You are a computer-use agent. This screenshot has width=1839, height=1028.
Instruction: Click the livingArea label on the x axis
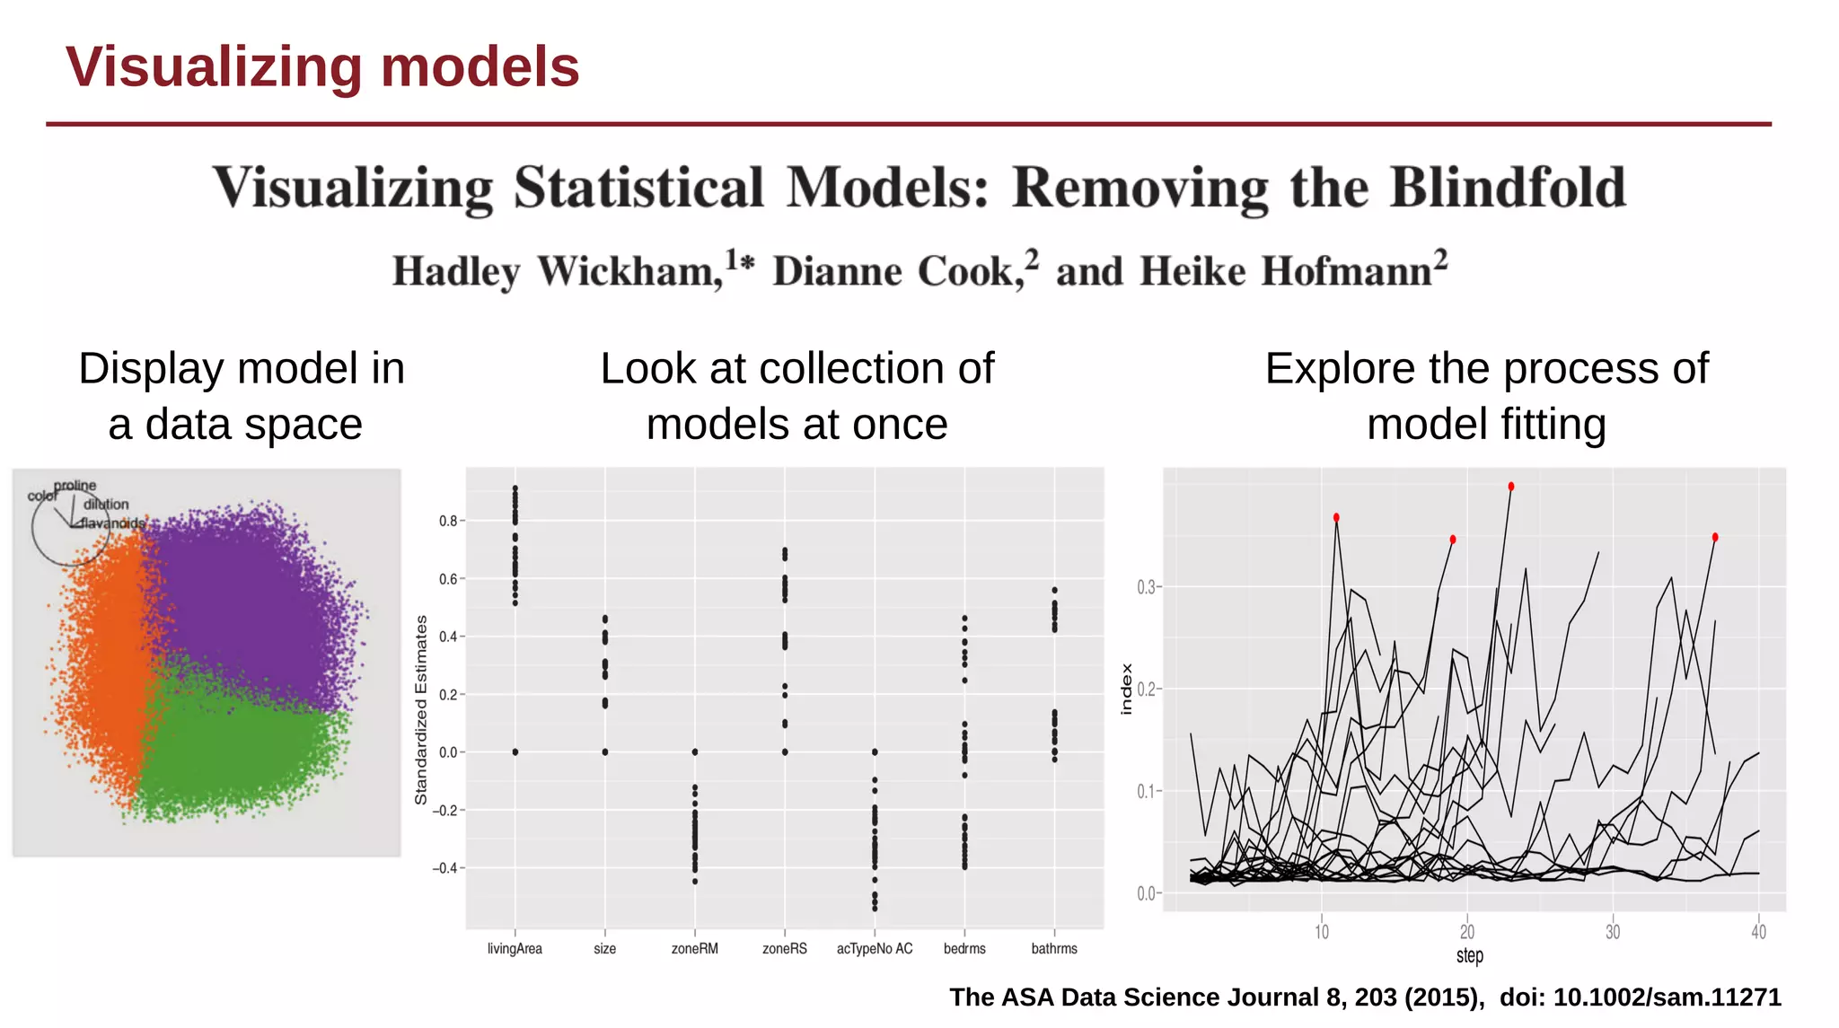coord(515,948)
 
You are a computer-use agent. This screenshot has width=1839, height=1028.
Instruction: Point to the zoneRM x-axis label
coord(694,948)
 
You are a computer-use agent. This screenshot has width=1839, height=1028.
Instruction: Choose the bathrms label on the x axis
coord(1054,948)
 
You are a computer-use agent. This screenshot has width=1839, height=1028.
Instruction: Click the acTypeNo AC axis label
coord(875,948)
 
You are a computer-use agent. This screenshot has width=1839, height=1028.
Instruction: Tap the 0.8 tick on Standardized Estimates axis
coord(448,521)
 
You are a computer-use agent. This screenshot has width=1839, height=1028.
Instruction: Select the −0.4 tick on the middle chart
coord(444,868)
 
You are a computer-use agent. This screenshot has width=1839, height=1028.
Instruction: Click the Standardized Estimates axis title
coord(421,709)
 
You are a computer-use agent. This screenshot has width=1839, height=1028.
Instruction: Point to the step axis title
coord(1470,955)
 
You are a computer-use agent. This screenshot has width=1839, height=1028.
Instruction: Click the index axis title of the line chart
coord(1127,689)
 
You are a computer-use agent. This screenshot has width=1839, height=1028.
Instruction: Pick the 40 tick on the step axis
coord(1758,932)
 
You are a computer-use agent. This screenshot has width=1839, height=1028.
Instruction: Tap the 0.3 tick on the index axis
coord(1146,587)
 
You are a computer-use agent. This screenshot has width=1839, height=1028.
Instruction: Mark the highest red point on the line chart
coord(1511,487)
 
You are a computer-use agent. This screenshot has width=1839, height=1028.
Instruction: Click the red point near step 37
coord(1715,538)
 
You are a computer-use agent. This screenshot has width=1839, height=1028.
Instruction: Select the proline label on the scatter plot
coord(75,486)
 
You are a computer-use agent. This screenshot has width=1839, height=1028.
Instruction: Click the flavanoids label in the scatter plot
coord(112,523)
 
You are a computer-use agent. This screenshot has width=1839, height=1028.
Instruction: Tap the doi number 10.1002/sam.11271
coord(1667,997)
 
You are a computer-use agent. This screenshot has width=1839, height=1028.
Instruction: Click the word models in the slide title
coord(480,67)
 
